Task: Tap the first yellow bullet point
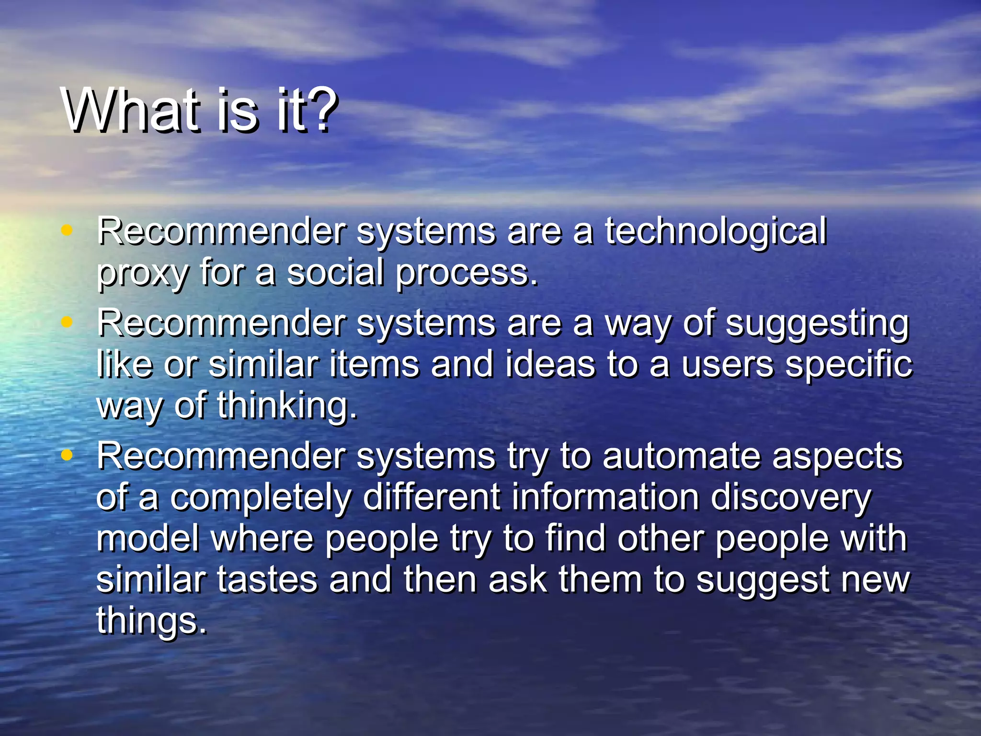click(67, 230)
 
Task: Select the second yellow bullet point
click(67, 322)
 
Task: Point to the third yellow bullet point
click(67, 455)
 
